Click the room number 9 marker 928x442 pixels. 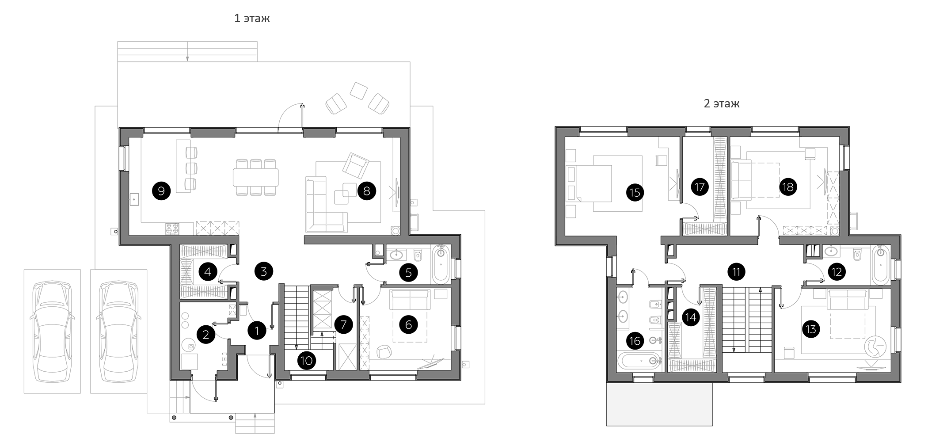[x=161, y=191]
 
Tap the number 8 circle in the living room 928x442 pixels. [x=366, y=191]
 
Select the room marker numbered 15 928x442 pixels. [x=635, y=193]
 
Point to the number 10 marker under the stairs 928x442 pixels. [x=306, y=361]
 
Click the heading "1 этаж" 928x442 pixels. [x=252, y=19]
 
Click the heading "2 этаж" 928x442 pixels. [x=722, y=104]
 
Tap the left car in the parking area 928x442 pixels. [x=52, y=331]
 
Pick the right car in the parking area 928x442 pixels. [x=118, y=331]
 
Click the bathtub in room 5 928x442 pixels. [x=441, y=264]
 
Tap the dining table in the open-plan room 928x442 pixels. [x=256, y=176]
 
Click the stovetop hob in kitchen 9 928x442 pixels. [x=172, y=229]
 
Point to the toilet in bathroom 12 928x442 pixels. [x=857, y=254]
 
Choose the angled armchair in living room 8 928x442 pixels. [x=356, y=166]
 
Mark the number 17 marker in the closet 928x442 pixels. [x=700, y=187]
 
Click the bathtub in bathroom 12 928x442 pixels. [x=880, y=264]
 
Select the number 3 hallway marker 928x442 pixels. [x=264, y=271]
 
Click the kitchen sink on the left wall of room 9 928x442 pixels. [x=134, y=200]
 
